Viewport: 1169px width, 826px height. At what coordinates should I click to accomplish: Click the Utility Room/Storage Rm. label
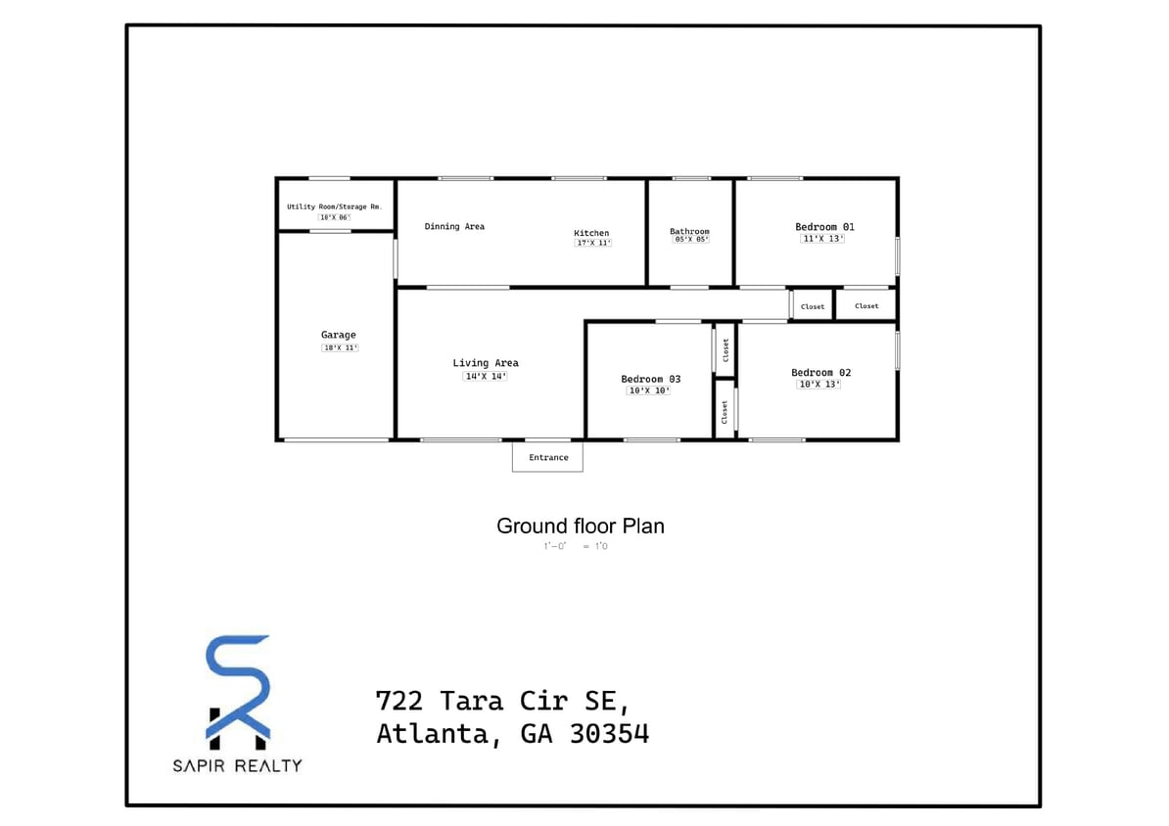334,206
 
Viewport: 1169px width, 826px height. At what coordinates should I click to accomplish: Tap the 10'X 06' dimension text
334,217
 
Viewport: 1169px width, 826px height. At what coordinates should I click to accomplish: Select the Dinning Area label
454,226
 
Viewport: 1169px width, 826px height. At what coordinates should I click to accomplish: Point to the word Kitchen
591,233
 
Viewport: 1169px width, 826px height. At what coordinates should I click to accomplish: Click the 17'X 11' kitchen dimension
592,243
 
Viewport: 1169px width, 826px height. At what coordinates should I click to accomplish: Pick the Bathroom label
689,231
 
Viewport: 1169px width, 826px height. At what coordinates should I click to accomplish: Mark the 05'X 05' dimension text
689,240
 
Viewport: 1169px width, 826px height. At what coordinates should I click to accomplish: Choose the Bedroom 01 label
824,227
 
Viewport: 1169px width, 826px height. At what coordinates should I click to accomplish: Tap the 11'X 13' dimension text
821,239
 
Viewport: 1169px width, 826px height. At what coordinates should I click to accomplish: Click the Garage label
339,335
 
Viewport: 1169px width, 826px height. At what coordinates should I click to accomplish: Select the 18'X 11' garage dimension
340,347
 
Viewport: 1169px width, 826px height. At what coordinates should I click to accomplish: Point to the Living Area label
486,363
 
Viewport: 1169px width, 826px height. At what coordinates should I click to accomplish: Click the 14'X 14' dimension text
485,376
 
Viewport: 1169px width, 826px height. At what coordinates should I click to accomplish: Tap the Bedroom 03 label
650,379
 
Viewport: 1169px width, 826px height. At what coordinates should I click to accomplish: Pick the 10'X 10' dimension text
648,390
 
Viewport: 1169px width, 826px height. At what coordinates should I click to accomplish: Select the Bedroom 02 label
820,372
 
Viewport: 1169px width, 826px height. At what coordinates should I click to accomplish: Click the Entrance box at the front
547,457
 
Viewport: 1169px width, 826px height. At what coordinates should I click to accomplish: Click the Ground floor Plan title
580,526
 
